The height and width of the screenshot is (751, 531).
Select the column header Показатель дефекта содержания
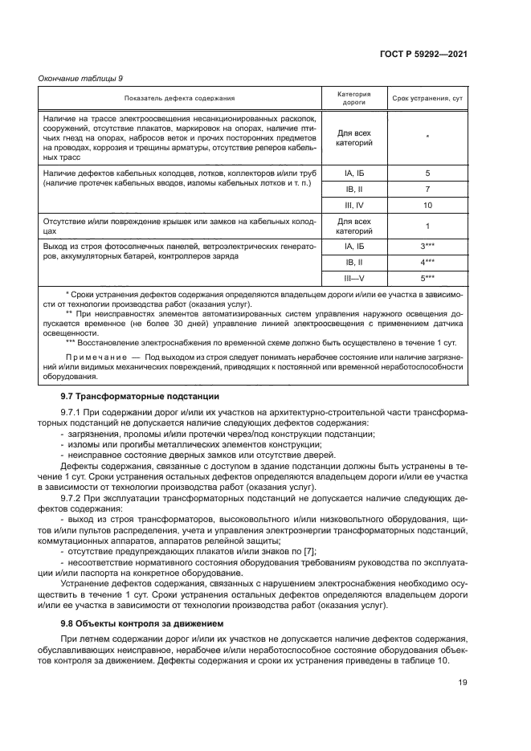[179, 98]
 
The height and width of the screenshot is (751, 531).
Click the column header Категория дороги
[354, 98]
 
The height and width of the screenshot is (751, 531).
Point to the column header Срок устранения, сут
[427, 98]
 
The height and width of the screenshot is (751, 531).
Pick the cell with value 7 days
[427, 190]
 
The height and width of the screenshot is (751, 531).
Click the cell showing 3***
[427, 246]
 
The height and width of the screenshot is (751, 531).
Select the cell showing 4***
[427, 262]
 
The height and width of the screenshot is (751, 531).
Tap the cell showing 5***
[427, 278]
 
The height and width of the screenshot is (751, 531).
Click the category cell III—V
[354, 278]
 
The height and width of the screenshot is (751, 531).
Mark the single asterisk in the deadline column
[427, 137]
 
